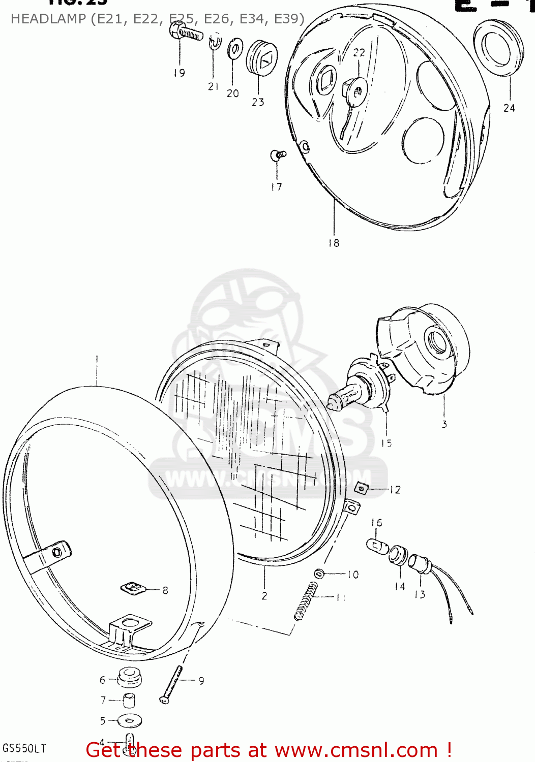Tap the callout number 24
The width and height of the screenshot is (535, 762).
pos(509,108)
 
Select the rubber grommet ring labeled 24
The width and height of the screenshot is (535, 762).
pos(498,48)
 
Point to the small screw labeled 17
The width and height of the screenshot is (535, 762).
pos(278,154)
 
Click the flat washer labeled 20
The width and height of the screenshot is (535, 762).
pos(234,50)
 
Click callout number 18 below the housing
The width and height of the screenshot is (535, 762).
pos(334,243)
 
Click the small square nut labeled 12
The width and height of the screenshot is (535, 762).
pos(362,488)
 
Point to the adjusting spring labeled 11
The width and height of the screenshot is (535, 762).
pos(306,601)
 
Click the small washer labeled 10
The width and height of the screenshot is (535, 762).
pos(319,574)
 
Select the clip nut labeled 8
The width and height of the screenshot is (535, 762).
pos(133,589)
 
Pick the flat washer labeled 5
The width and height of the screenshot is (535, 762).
pos(130,720)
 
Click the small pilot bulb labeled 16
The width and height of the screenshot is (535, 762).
pos(377,546)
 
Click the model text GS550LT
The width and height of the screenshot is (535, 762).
pos(24,748)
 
